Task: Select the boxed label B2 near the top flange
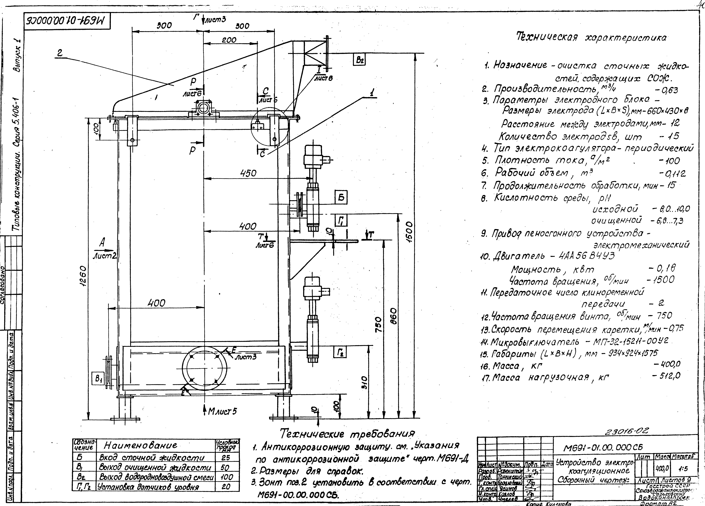(x=359, y=59)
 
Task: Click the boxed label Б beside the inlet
(x=341, y=198)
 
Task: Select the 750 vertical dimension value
(x=378, y=325)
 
